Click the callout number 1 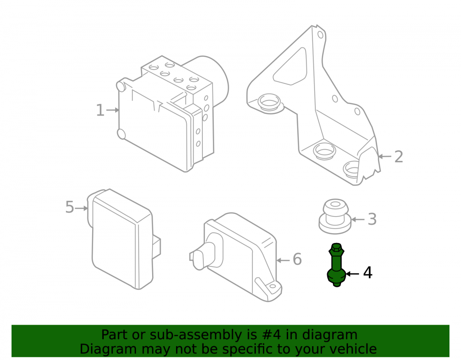pyautogui.click(x=100, y=110)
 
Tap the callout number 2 pyautogui.click(x=399, y=156)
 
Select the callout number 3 pyautogui.click(x=372, y=219)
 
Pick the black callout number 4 pyautogui.click(x=368, y=273)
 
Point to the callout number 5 pyautogui.click(x=70, y=207)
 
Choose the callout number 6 pyautogui.click(x=297, y=259)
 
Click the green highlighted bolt pyautogui.click(x=337, y=265)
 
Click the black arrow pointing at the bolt pyautogui.click(x=352, y=274)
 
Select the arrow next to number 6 pyautogui.click(x=283, y=260)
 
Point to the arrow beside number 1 pyautogui.click(x=112, y=110)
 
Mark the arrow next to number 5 pyautogui.click(x=82, y=208)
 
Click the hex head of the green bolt pyautogui.click(x=337, y=249)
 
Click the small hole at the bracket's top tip pyautogui.click(x=320, y=35)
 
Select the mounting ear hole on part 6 pyautogui.click(x=272, y=286)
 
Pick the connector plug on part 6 pyautogui.click(x=203, y=254)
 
